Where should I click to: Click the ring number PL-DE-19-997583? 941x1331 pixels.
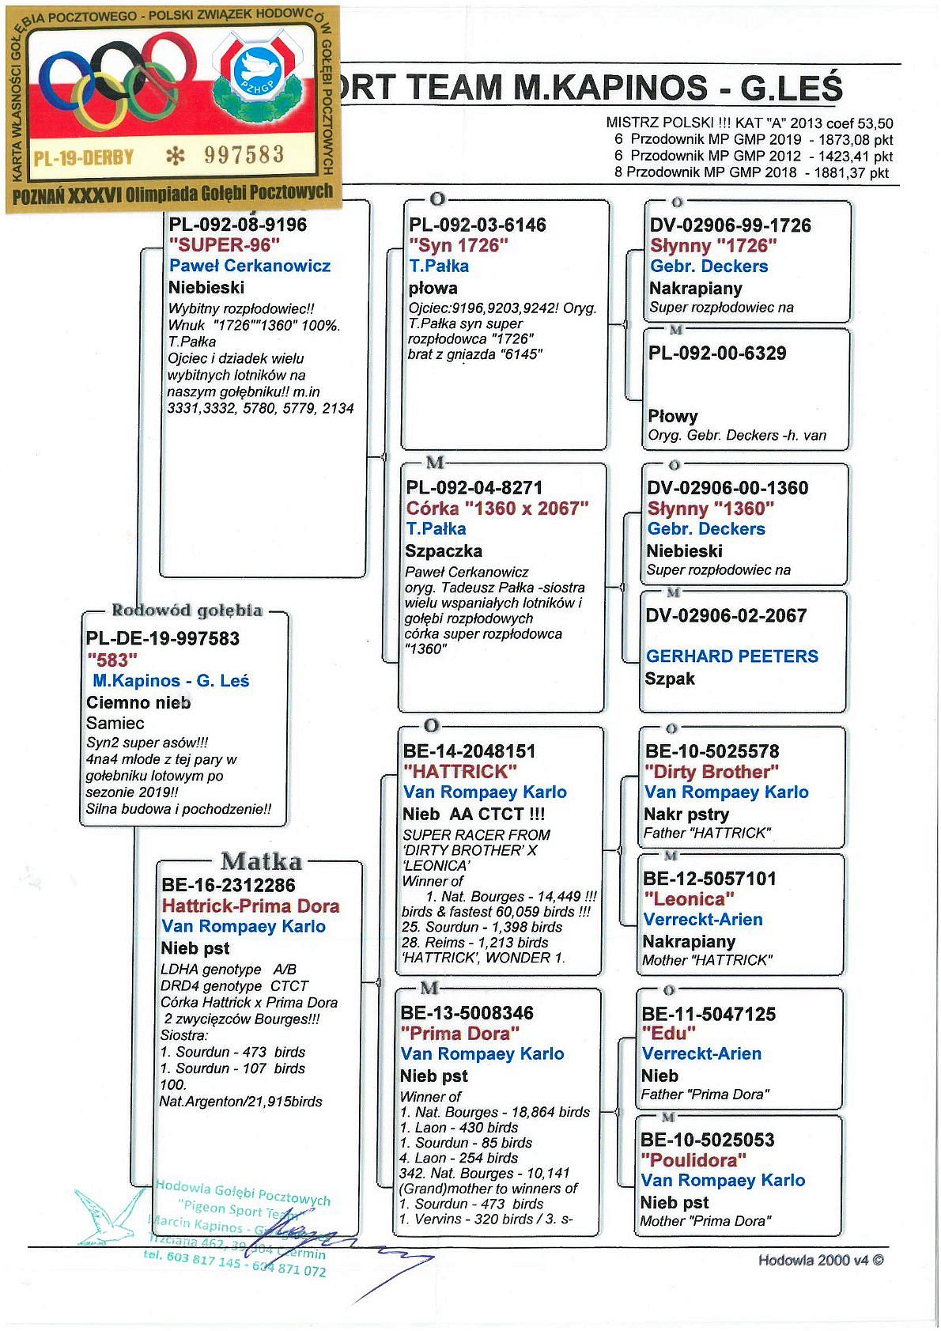pos(163,639)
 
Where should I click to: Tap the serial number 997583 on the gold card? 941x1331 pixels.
pos(244,154)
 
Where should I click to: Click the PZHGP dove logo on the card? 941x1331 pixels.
pos(256,73)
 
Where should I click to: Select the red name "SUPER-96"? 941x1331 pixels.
pos(225,245)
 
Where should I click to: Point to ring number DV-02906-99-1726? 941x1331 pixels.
pos(730,225)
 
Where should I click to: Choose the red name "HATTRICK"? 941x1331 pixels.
pos(460,771)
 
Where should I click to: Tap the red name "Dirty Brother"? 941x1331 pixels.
pos(712,772)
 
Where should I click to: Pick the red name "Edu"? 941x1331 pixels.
pos(669,1034)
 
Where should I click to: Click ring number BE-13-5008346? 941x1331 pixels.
pos(467,1013)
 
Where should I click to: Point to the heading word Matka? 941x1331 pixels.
pos(261,861)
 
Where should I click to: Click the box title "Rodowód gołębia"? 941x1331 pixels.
pos(187,611)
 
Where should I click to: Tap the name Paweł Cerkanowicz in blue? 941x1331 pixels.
pos(250,266)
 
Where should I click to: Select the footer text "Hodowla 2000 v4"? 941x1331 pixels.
pos(820,1261)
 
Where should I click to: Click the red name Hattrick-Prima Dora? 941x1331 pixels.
pos(251,906)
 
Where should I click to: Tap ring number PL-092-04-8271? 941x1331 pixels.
pos(474,488)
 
